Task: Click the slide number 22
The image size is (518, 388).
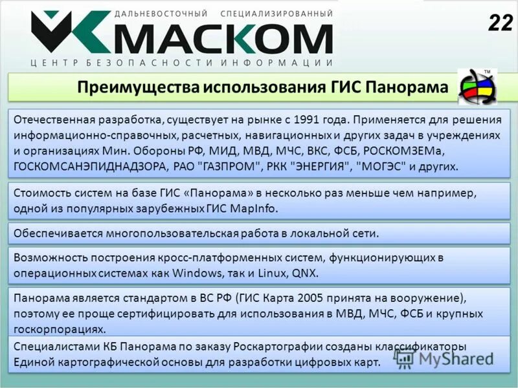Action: (x=499, y=23)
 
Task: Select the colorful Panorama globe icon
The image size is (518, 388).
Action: (x=479, y=86)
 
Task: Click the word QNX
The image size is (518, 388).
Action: (x=306, y=273)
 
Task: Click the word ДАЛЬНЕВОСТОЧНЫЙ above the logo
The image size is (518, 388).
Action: (x=161, y=13)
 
